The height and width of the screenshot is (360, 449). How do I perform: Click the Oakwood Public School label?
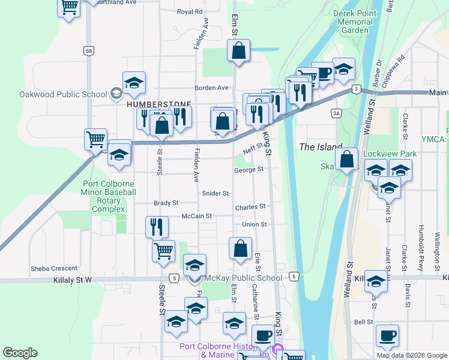pyautogui.click(x=55, y=94)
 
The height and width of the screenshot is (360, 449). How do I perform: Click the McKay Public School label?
pyautogui.click(x=243, y=278)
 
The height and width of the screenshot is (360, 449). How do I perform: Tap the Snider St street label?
pyautogui.click(x=216, y=193)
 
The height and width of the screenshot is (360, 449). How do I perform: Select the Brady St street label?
pyautogui.click(x=166, y=203)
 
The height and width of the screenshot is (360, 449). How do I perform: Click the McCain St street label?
pyautogui.click(x=197, y=215)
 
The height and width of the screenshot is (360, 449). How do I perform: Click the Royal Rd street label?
pyautogui.click(x=190, y=11)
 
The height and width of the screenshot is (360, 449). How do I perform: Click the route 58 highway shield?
pyautogui.click(x=89, y=51)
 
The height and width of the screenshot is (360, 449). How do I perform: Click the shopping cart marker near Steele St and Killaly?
pyautogui.click(x=163, y=250)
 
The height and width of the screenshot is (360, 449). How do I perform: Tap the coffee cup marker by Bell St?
pyautogui.click(x=387, y=335)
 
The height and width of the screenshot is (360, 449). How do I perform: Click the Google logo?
pyautogui.click(x=20, y=353)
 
